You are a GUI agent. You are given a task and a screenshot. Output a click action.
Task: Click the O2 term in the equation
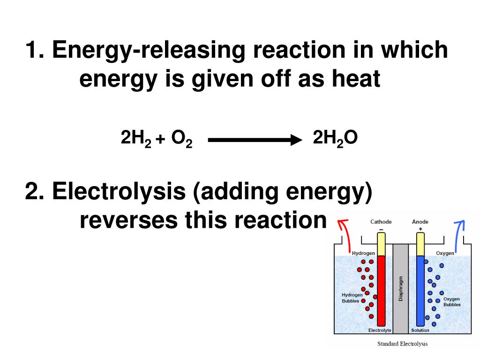point(181,139)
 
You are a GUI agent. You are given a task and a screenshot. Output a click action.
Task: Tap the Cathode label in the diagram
point(381,222)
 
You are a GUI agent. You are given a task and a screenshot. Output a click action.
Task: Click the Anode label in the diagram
point(420,222)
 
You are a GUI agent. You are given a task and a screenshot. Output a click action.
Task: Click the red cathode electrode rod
point(381,291)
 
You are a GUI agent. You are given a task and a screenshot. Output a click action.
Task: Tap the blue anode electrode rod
point(420,291)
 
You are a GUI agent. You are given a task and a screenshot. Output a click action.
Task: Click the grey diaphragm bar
point(401,288)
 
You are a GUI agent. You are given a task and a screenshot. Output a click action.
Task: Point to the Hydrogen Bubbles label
point(352,298)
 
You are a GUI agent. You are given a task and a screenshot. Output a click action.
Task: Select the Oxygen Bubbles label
point(452,301)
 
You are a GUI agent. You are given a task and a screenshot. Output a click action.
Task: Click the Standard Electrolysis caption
point(403,344)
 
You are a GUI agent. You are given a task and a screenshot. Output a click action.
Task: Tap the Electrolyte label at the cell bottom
point(380,330)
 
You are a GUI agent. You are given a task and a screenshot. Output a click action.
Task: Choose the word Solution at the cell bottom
point(420,330)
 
